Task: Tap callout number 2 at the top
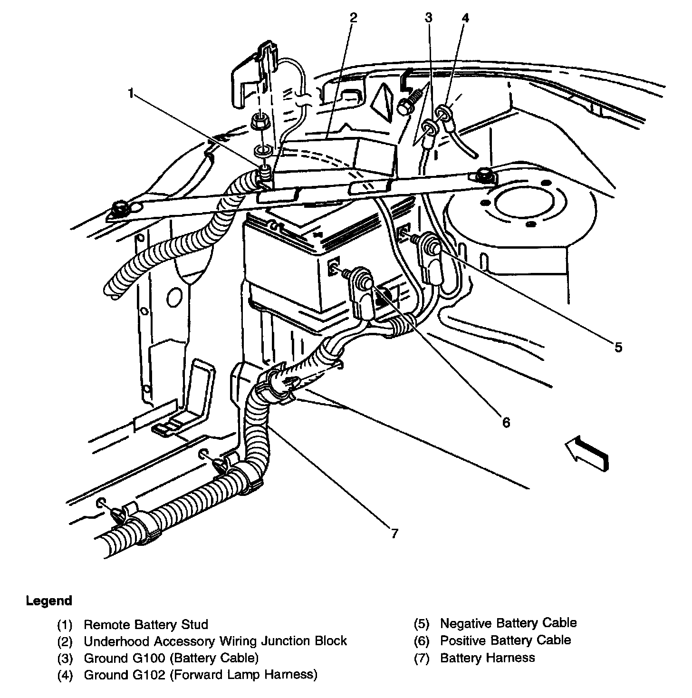[x=353, y=18]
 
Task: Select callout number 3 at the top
[x=429, y=18]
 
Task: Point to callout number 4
[x=465, y=18]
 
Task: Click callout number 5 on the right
[x=618, y=348]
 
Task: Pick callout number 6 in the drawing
[x=506, y=422]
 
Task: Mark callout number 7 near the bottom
[x=394, y=533]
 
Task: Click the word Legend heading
[x=49, y=601]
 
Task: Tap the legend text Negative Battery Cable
[x=508, y=623]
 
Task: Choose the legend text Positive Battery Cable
[x=505, y=640]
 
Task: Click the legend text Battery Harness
[x=487, y=658]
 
